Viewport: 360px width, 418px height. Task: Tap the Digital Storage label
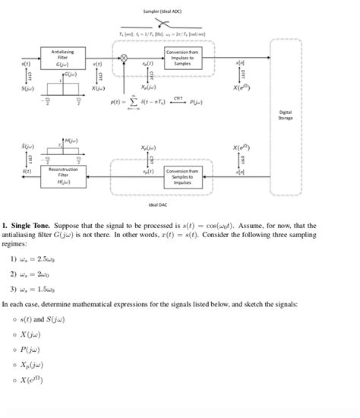(285, 115)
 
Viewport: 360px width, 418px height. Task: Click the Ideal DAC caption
(159, 204)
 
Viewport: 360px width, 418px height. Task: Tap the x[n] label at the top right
(241, 62)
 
